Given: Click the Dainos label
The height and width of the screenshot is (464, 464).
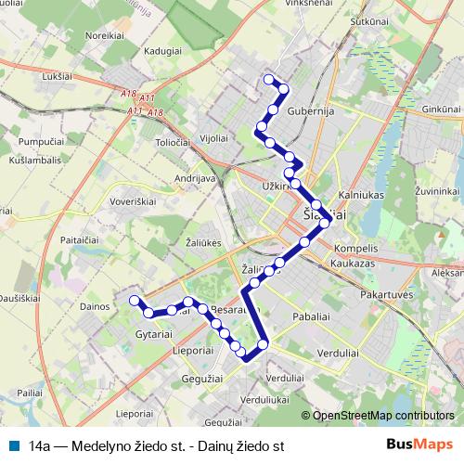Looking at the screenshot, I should coord(96,304).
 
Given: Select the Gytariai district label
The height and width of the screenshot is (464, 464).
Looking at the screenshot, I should coord(154,332).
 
